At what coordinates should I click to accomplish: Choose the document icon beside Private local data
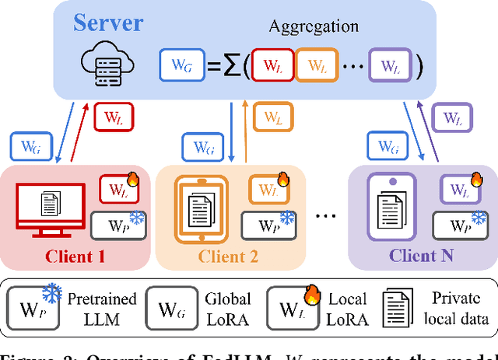point(397,307)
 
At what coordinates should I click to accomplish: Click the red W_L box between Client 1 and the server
point(114,119)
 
